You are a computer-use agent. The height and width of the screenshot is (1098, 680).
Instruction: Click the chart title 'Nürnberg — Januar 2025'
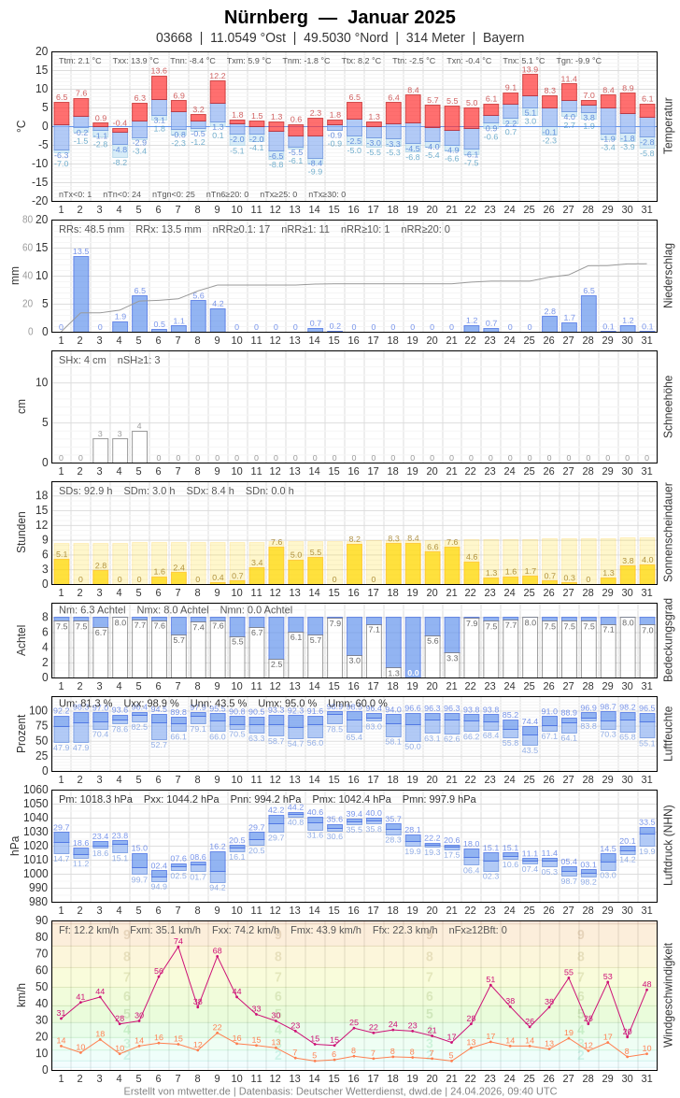pos(340,17)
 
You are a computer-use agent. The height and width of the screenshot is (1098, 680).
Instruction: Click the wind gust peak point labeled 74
pos(178,947)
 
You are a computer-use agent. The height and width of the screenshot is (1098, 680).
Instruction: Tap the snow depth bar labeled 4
pos(139,447)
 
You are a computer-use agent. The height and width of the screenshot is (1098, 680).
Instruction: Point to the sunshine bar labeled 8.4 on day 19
pos(413,563)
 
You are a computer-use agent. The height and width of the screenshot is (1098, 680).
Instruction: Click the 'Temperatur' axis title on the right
pos(667,126)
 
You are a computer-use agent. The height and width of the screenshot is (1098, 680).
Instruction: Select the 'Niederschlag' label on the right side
pos(667,276)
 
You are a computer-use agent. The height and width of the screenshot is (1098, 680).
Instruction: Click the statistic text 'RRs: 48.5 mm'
pos(92,229)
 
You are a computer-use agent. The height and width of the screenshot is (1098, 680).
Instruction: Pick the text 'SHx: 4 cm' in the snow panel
pos(82,360)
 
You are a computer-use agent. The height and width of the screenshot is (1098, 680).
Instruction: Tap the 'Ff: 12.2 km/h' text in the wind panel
pos(89,930)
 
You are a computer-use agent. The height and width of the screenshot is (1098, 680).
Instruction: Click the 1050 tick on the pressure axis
pos(35,804)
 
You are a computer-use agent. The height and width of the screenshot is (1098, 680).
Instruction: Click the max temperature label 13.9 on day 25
pos(530,69)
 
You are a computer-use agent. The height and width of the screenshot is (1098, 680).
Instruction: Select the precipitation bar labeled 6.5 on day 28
pos(588,314)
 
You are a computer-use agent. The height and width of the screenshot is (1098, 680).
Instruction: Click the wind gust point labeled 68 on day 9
pos(218,956)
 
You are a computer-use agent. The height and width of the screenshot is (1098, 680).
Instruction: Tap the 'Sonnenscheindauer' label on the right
pos(667,533)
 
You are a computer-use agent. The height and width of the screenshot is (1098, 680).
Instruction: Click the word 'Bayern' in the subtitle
pos(503,37)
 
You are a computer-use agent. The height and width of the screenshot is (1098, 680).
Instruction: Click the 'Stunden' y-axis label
pos(21,533)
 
